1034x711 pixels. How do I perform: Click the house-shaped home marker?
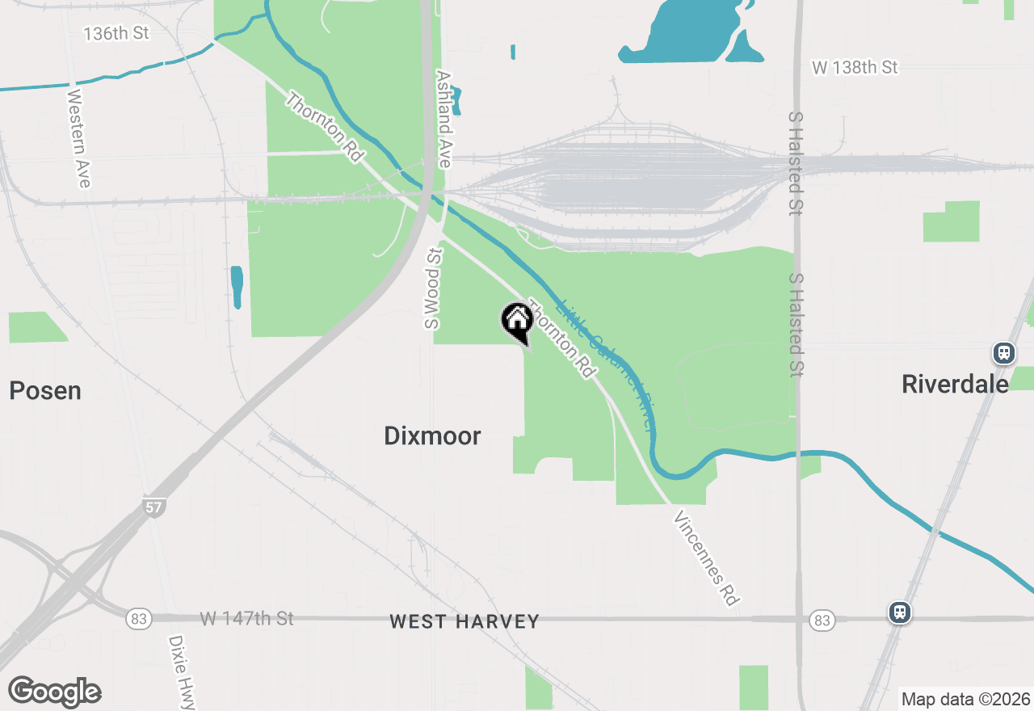[x=517, y=320]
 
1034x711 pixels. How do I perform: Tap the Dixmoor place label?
[x=432, y=436]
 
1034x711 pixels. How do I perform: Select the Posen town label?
[x=45, y=391]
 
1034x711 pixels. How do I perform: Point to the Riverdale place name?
[x=955, y=384]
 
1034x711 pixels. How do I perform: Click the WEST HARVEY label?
[x=464, y=621]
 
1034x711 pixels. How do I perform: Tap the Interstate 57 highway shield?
[x=153, y=507]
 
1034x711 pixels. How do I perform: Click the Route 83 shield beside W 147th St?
[x=139, y=619]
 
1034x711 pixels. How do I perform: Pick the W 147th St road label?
[x=246, y=619]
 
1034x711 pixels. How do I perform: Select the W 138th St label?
[x=855, y=68]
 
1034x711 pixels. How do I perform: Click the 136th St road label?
[x=117, y=34]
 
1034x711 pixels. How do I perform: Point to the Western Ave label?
[x=78, y=138]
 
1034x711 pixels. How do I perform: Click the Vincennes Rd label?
[x=705, y=557]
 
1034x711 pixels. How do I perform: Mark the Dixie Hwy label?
[x=182, y=671]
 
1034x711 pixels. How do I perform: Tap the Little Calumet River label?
[x=607, y=364]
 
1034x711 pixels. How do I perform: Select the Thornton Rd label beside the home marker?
[x=561, y=339]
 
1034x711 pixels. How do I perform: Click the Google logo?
[x=54, y=692]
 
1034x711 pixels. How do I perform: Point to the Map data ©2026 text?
[x=965, y=699]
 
